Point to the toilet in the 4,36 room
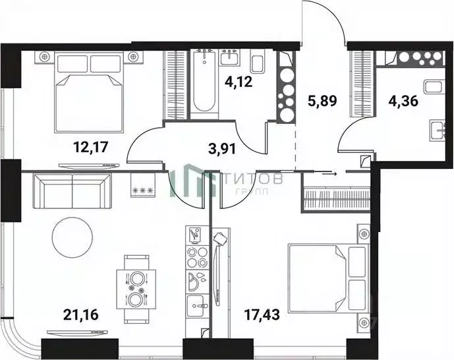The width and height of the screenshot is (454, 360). coord(433,88)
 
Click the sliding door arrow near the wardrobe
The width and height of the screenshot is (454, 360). coord(331,173)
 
